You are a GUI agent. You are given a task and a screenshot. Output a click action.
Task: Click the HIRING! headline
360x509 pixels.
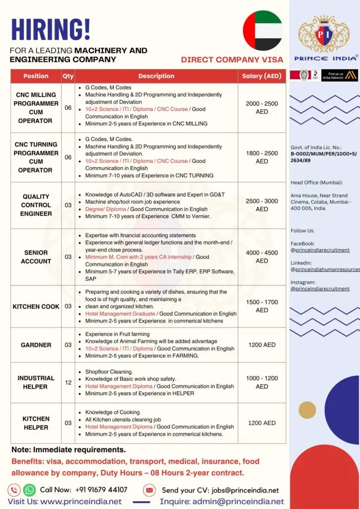pos(50,29)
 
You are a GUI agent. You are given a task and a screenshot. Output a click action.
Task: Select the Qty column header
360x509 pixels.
pos(68,76)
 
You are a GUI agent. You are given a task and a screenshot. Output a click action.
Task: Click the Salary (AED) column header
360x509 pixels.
pos(262,76)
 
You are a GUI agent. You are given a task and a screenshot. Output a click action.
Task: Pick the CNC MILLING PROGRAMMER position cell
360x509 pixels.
pos(36,107)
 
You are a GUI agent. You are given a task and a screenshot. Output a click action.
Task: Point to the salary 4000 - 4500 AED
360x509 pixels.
pos(262,256)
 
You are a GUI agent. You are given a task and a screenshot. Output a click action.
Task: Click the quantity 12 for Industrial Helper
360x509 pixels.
pos(68,382)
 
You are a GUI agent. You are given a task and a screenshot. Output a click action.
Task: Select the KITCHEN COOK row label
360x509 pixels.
pos(36,307)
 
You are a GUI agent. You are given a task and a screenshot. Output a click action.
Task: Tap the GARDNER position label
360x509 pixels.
pos(36,345)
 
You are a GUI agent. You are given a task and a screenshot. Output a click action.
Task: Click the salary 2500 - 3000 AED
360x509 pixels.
pos(262,205)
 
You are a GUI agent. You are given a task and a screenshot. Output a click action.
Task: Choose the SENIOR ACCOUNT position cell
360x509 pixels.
pos(36,257)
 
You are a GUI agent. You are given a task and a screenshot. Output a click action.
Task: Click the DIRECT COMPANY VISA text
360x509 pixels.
pos(232,60)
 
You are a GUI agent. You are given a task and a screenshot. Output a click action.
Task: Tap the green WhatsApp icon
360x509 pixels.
pos(29,490)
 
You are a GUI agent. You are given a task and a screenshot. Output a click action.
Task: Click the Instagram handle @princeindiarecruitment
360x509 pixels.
pos(320,288)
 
